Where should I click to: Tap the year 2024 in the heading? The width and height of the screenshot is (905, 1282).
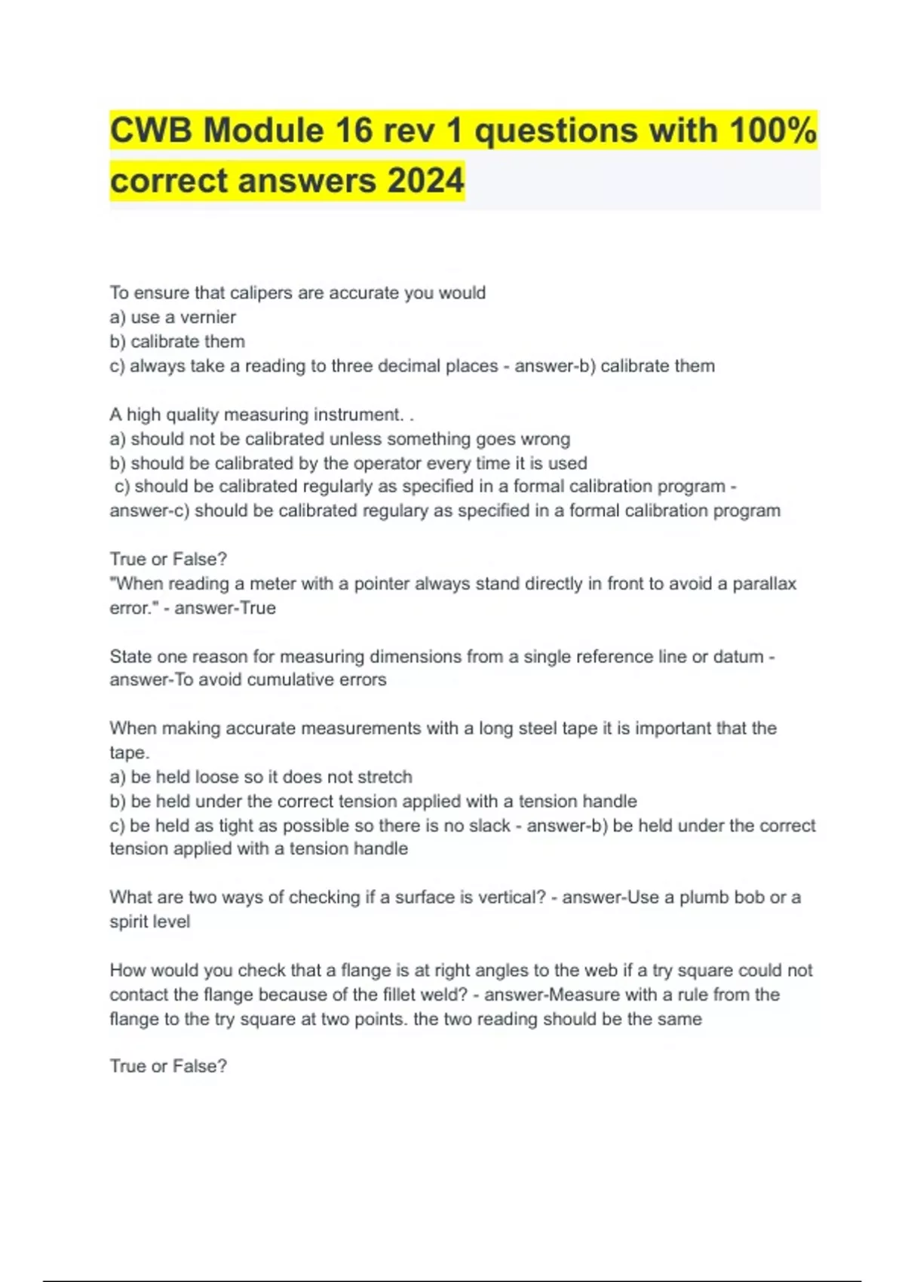click(x=425, y=181)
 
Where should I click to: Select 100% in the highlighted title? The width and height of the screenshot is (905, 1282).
click(x=772, y=130)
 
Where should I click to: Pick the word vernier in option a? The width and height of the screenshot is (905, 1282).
click(x=207, y=317)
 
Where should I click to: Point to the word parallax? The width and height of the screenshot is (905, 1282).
click(x=764, y=584)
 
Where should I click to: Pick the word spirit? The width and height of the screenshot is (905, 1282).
click(x=129, y=922)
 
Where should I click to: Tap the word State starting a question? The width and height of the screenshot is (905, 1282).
click(x=130, y=657)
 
